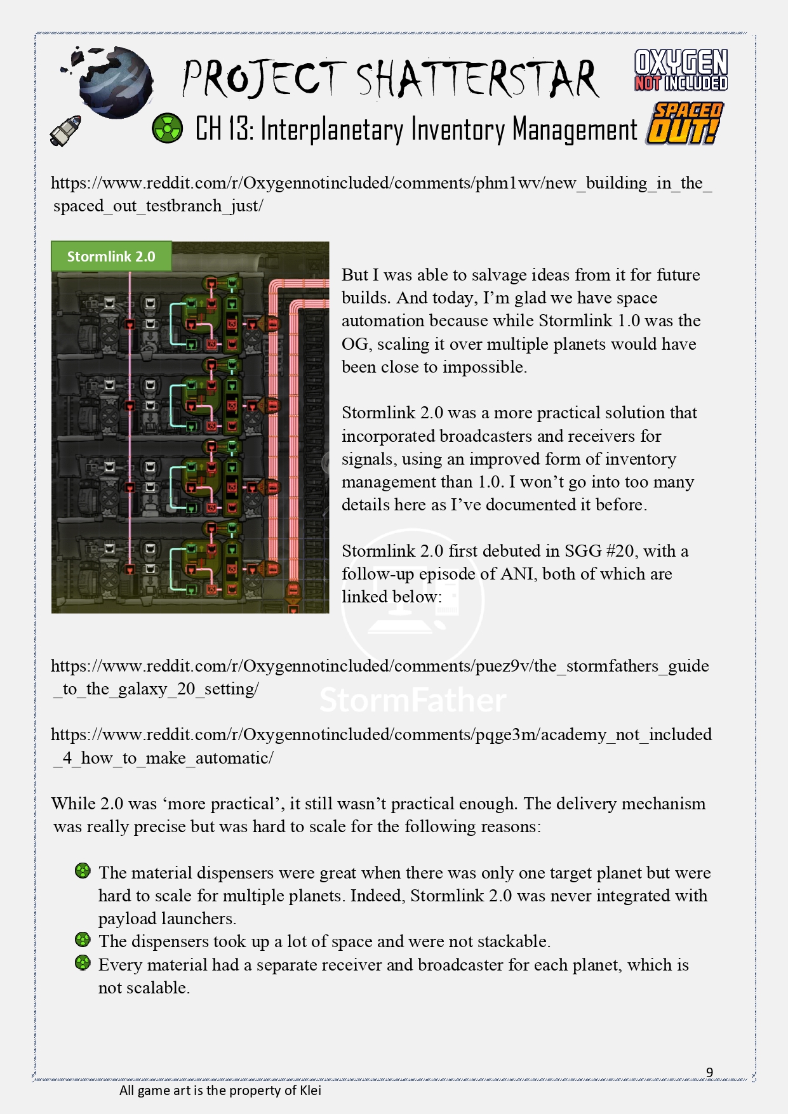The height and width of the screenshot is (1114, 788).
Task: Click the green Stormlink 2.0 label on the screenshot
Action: [111, 256]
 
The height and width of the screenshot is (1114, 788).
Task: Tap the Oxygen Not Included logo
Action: [681, 70]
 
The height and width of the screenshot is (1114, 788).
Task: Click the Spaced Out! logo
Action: [684, 123]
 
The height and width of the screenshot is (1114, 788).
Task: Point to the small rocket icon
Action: [66, 129]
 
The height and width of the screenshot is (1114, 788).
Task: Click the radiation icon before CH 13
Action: [167, 128]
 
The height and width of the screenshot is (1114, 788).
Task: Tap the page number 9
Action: [709, 1072]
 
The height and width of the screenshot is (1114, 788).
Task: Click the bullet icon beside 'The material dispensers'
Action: [83, 871]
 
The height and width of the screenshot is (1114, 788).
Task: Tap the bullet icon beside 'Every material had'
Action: [83, 963]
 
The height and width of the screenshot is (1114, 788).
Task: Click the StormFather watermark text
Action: [413, 700]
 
